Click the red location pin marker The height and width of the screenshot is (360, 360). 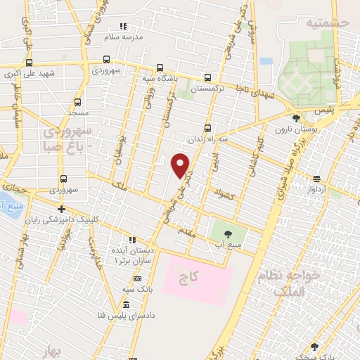point(181,165)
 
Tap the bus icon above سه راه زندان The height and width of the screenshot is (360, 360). point(207,128)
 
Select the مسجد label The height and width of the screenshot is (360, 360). point(78,112)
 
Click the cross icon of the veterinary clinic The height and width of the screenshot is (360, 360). point(62,209)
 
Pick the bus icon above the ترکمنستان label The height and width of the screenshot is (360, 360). point(207,78)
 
